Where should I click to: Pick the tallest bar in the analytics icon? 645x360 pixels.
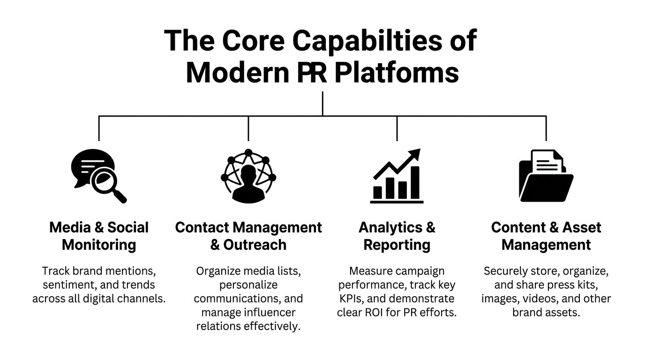pyautogui.click(x=414, y=183)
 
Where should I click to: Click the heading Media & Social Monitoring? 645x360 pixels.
pyautogui.click(x=99, y=236)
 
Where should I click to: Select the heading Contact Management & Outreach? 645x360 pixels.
pyautogui.click(x=248, y=236)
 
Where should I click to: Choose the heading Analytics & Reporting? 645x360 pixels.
pyautogui.click(x=397, y=236)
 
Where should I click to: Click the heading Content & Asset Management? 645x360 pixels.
pyautogui.click(x=546, y=236)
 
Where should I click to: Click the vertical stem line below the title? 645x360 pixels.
pyautogui.click(x=322, y=103)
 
